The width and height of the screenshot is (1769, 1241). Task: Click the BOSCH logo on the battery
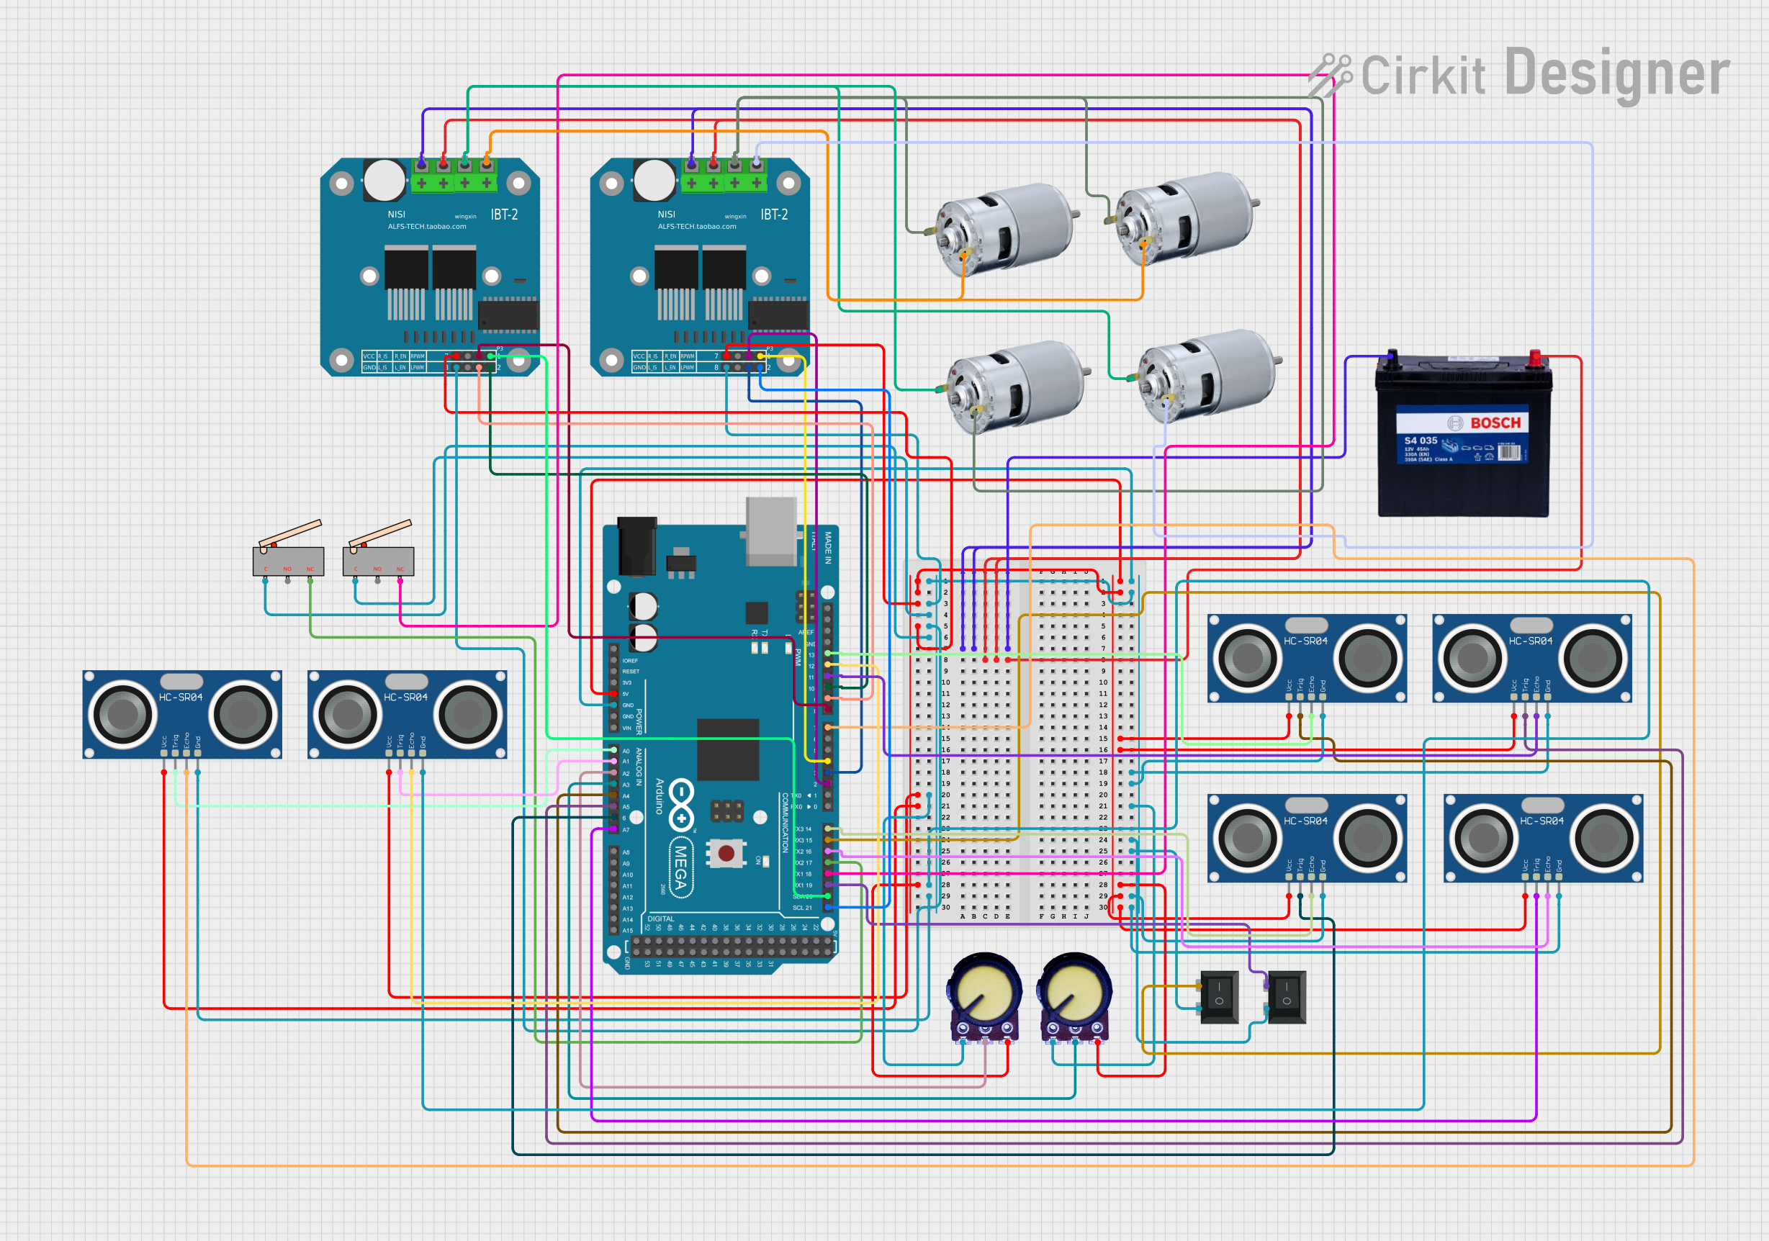tap(1495, 423)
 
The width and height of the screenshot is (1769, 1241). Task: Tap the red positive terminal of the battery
tap(1534, 358)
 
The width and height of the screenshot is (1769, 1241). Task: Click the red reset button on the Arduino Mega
tap(726, 853)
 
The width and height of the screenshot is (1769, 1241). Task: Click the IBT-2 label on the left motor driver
tap(504, 215)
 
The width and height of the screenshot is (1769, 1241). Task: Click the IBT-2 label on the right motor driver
tap(773, 215)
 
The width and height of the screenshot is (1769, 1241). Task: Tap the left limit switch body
tap(288, 561)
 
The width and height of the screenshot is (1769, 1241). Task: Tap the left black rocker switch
tap(1219, 997)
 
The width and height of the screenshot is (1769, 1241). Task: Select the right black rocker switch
tap(1287, 997)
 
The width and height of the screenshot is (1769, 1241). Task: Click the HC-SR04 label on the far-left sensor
tap(180, 697)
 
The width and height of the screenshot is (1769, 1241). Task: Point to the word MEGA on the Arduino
tap(680, 867)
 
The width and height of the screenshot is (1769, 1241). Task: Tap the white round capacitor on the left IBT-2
tap(384, 180)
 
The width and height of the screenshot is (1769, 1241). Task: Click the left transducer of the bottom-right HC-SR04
tap(1482, 838)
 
